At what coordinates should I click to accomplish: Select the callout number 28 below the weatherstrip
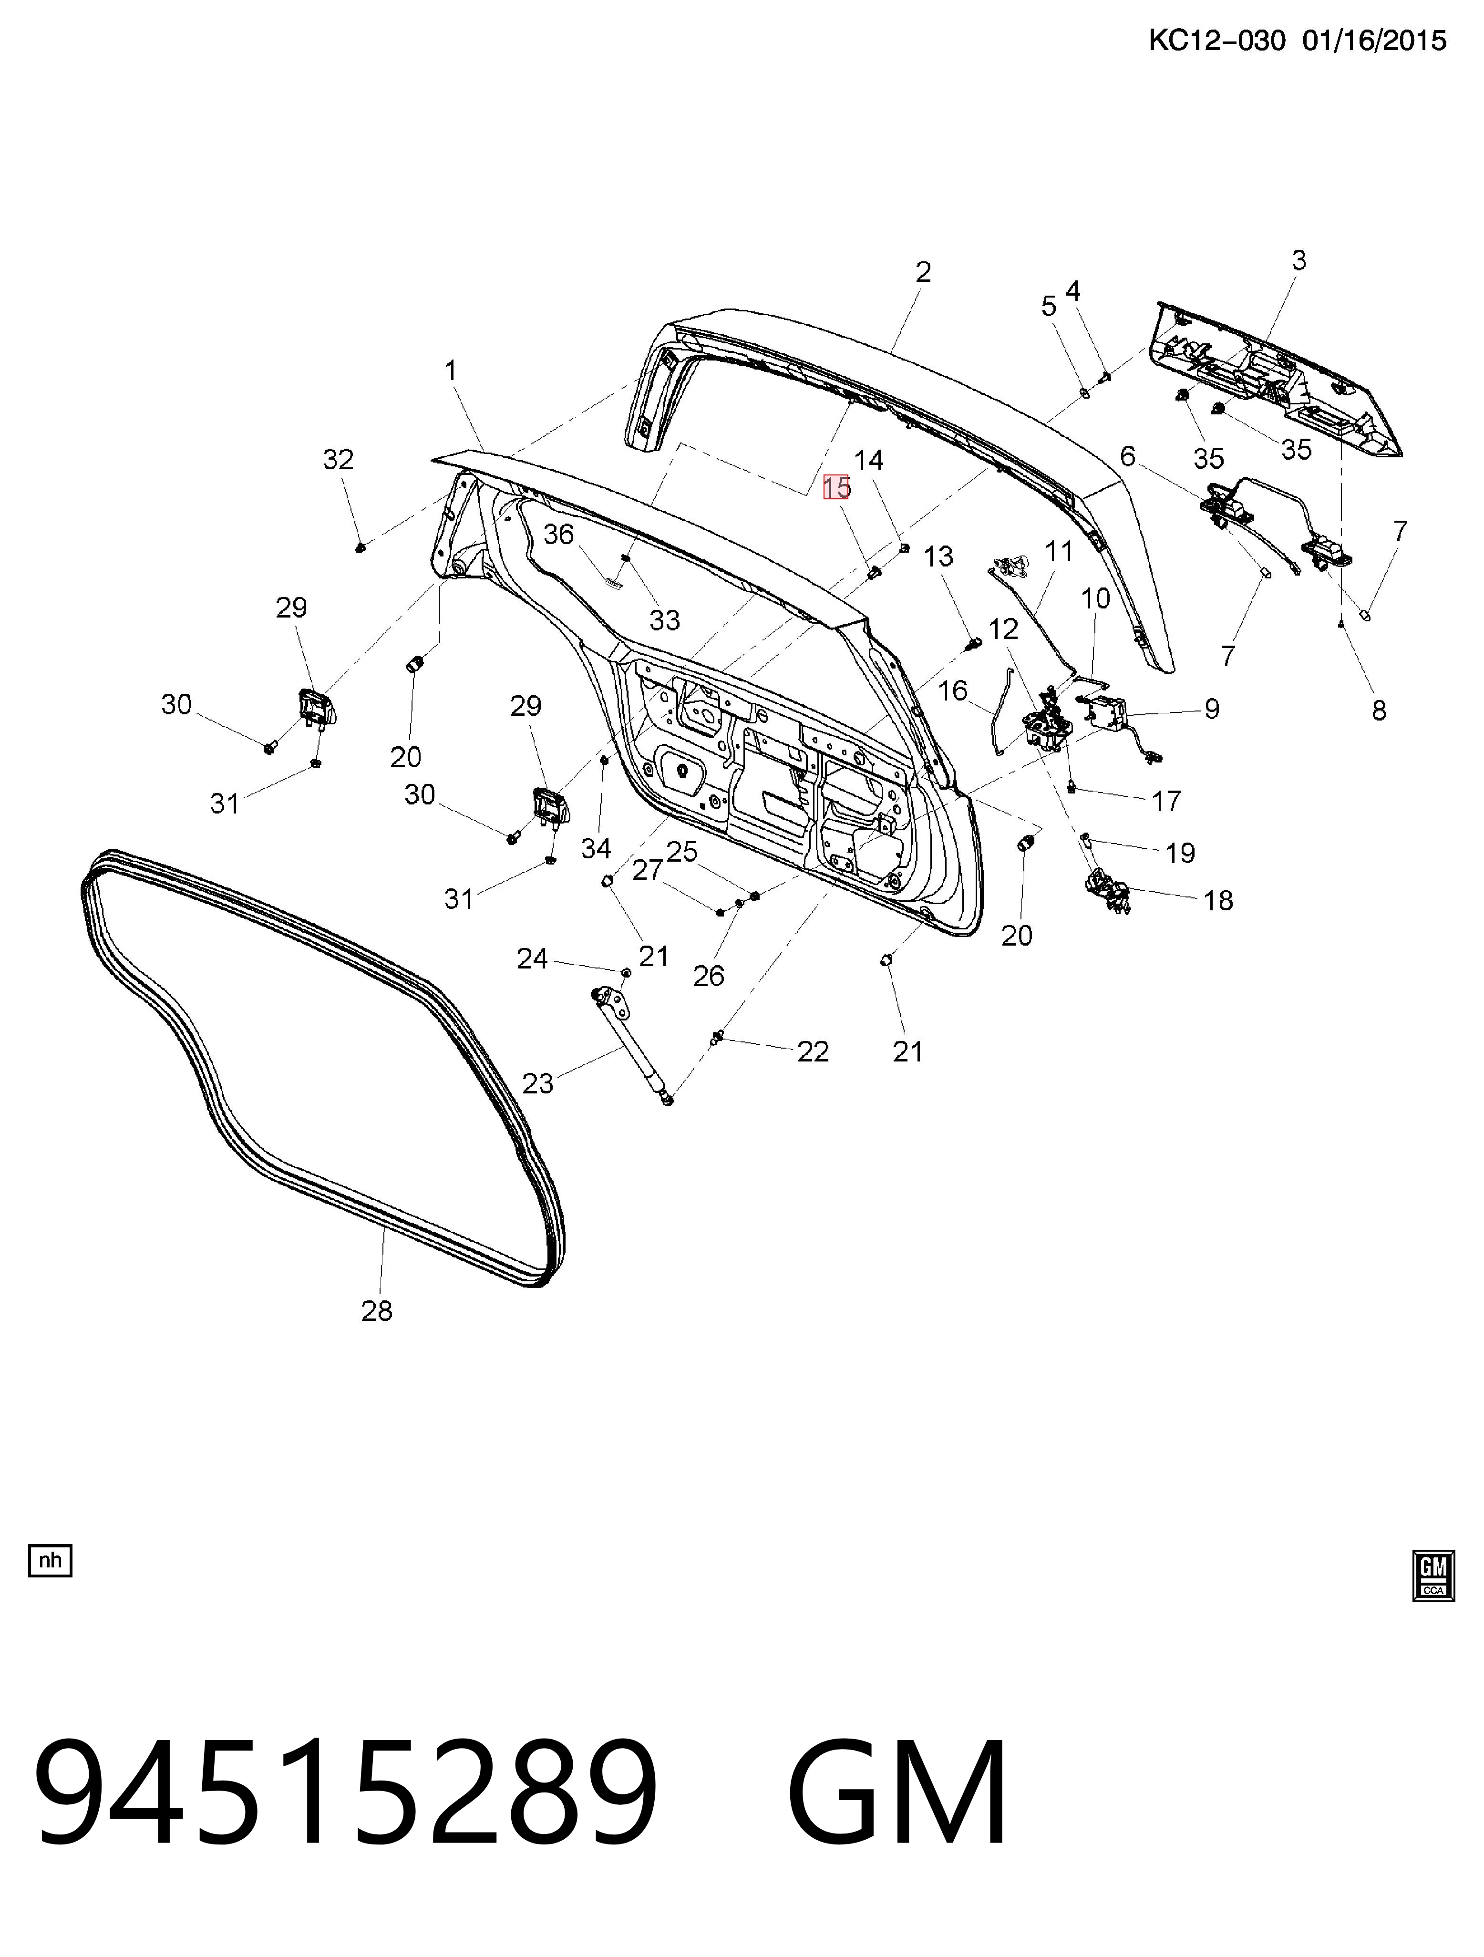[376, 1310]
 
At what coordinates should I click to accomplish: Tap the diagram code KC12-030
[1217, 41]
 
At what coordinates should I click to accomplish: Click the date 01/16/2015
[1374, 41]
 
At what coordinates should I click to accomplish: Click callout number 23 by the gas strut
[537, 1083]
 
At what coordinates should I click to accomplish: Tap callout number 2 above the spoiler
[923, 272]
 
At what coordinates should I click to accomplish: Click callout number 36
[558, 535]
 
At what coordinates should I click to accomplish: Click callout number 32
[338, 459]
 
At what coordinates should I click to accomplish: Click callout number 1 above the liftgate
[451, 370]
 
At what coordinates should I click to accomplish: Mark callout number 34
[596, 848]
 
